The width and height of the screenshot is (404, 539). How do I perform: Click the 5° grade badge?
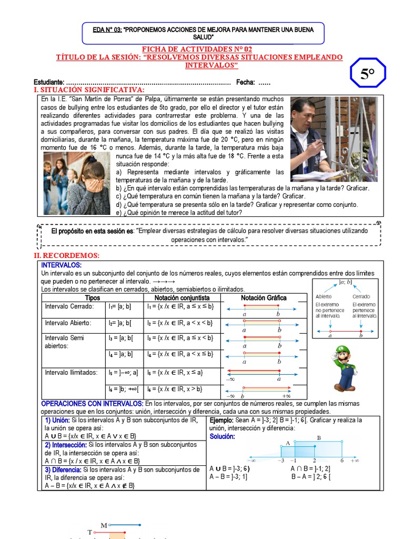pos(368,74)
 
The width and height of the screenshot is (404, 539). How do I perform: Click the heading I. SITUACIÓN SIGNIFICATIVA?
pos(89,91)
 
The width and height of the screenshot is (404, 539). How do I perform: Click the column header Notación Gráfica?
pos(264,297)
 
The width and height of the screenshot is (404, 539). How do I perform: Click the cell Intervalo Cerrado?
pos(69,306)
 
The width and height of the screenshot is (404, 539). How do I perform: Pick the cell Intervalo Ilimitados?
pos(72,373)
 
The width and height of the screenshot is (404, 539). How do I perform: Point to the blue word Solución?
pos(222,437)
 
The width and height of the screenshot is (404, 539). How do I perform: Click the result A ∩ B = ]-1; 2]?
pos(310,468)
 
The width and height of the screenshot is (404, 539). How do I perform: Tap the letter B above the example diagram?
pos(319,437)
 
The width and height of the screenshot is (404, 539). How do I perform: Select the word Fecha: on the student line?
pos(246,82)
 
